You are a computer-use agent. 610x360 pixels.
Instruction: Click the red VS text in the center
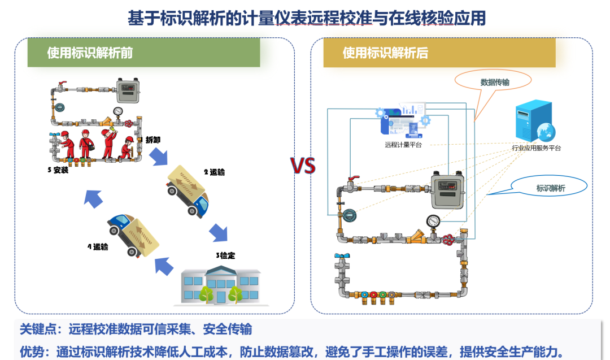pyautogui.click(x=303, y=166)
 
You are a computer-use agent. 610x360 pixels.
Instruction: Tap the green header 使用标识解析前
pyautogui.click(x=90, y=53)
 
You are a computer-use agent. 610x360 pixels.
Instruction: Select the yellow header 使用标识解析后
pyautogui.click(x=385, y=53)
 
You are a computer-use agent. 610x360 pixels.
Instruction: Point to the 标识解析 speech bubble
pyautogui.click(x=550, y=188)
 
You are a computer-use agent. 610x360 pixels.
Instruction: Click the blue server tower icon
pyautogui.click(x=531, y=121)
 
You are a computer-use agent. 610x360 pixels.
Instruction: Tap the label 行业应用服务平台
pyautogui.click(x=537, y=148)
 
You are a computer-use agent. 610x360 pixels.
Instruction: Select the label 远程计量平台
pyautogui.click(x=403, y=145)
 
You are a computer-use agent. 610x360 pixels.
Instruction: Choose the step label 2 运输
pyautogui.click(x=214, y=172)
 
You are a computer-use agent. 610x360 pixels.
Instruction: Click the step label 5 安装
pyautogui.click(x=58, y=170)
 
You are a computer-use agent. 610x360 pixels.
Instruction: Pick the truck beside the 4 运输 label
pyautogui.click(x=133, y=232)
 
